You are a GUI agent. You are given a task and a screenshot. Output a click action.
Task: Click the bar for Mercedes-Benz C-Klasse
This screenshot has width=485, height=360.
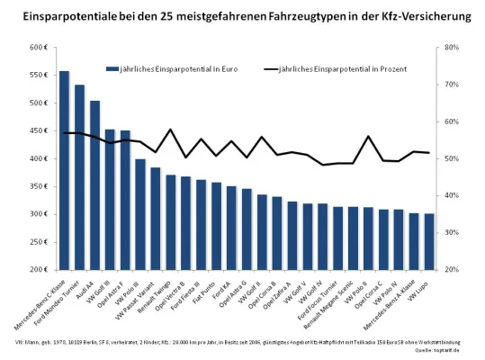[64, 171]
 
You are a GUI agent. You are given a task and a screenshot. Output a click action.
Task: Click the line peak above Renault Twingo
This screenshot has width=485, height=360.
[171, 130]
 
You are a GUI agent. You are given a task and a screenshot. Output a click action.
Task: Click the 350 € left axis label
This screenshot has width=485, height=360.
[37, 186]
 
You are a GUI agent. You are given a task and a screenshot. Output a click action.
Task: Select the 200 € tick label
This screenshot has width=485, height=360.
[37, 270]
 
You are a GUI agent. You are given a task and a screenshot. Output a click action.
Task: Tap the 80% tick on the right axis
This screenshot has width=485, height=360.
[441, 48]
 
